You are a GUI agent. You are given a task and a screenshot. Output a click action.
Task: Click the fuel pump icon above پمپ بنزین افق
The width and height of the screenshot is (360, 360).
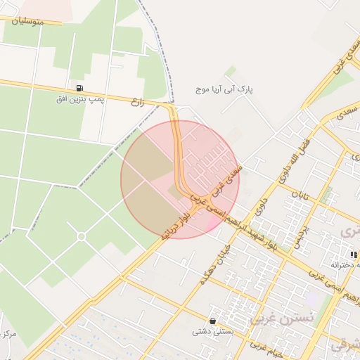point(79,89)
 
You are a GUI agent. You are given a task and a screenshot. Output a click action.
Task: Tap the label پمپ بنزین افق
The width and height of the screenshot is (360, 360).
point(79,99)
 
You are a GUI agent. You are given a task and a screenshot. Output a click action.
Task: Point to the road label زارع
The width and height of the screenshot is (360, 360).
point(137,102)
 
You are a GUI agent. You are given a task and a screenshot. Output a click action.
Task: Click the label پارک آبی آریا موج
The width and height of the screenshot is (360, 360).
point(224,90)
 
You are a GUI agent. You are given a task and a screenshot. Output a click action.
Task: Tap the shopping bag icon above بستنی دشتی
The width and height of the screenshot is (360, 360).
point(212,321)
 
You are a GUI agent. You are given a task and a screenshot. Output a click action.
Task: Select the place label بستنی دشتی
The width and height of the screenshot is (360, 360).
point(212,331)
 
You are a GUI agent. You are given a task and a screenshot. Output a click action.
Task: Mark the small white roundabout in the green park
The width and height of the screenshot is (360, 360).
point(81,236)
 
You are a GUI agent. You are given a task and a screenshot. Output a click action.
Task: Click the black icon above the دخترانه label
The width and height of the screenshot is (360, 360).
point(354,254)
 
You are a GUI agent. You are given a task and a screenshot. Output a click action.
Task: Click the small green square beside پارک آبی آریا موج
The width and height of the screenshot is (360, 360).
point(231,72)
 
